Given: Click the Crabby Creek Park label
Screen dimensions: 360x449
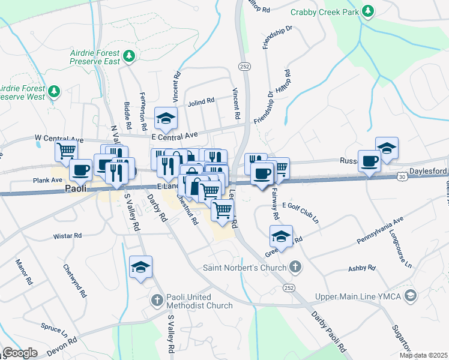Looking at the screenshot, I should click(x=324, y=12).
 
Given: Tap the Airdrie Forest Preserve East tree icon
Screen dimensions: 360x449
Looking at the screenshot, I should click(x=128, y=56).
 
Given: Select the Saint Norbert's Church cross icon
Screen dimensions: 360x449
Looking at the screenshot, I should click(x=294, y=267).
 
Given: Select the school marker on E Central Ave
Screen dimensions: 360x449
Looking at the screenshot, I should click(x=166, y=118).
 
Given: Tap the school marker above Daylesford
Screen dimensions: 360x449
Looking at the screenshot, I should click(x=387, y=148).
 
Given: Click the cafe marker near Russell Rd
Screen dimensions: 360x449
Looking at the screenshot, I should click(x=369, y=161).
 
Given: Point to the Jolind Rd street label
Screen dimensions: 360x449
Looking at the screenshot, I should click(x=201, y=101).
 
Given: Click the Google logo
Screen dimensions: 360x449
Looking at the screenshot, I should click(x=20, y=353).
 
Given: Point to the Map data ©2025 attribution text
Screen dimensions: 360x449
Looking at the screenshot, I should click(x=423, y=355).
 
